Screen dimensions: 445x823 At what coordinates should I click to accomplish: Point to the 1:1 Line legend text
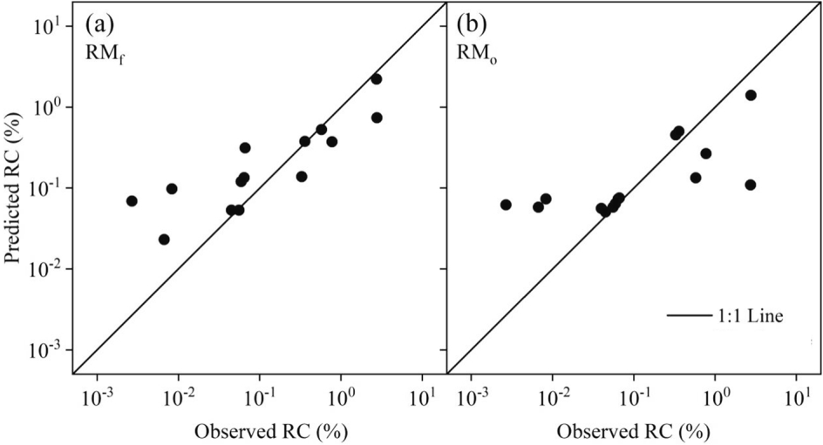[755, 318]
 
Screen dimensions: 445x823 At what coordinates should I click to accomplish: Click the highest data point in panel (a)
[377, 78]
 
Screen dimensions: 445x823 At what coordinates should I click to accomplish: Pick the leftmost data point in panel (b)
[506, 205]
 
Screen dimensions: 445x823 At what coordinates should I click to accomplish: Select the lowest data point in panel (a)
[164, 239]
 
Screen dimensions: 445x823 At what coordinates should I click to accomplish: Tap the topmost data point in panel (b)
[751, 95]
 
